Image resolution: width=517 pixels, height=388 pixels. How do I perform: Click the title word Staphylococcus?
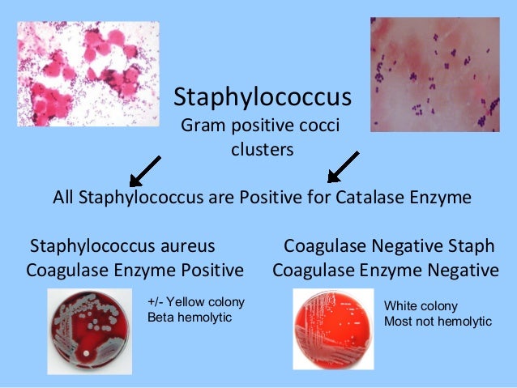coord(263,99)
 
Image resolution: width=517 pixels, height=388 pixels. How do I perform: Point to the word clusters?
coord(263,150)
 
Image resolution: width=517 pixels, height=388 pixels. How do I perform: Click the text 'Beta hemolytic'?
coord(189,317)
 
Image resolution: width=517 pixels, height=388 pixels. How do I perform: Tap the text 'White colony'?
coord(421,306)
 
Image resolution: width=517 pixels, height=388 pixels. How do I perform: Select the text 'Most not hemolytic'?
coord(438,322)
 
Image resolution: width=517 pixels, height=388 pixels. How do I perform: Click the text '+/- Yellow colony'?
coord(195,302)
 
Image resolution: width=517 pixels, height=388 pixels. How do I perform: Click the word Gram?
coord(203,127)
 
